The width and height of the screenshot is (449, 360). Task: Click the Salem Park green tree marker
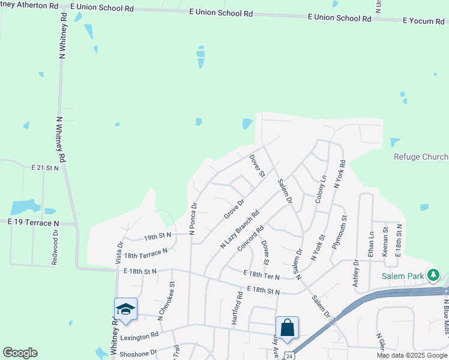pos(433,275)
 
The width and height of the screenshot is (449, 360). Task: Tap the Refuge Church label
pos(421,157)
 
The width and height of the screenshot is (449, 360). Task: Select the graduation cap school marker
pos(125,309)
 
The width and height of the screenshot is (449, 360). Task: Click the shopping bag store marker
pos(287,328)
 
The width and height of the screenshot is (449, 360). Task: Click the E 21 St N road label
pos(45,168)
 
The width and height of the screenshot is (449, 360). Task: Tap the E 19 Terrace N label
pos(34,223)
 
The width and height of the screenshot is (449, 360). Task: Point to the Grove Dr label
pos(234,209)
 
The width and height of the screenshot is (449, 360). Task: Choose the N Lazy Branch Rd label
pos(239,229)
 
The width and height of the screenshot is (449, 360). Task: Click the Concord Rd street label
pos(251,238)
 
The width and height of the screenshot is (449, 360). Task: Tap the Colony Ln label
pos(320,188)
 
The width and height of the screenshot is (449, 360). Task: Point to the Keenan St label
pos(385,247)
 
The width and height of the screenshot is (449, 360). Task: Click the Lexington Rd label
pos(139,337)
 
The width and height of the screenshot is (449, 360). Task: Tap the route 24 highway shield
pos(288,355)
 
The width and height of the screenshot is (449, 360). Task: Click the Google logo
pos(20,353)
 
